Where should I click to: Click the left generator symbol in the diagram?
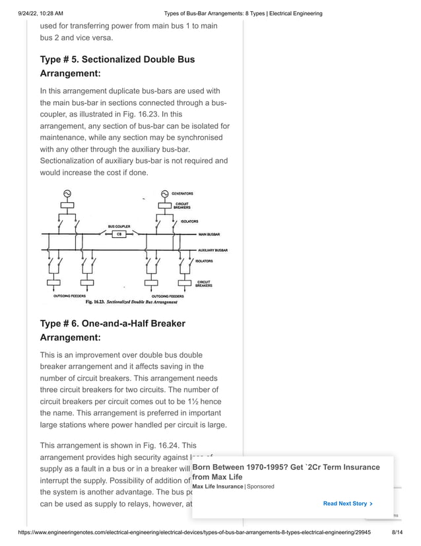(67, 193)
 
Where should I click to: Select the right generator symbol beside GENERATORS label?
(164, 194)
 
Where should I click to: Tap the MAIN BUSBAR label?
(209, 235)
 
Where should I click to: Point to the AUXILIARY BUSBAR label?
(213, 251)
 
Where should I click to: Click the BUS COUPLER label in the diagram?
(119, 226)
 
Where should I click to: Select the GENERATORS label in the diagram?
(182, 194)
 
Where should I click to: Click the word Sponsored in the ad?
(260, 487)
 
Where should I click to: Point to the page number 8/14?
(398, 531)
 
